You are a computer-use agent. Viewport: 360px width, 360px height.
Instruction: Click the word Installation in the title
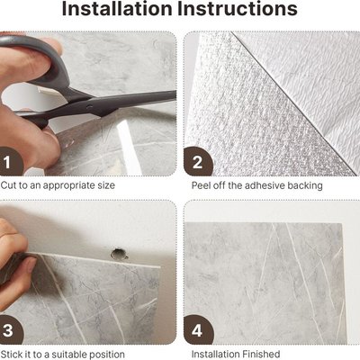pyautogui.click(x=117, y=8)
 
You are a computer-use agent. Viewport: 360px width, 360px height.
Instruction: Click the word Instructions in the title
pyautogui.click(x=238, y=8)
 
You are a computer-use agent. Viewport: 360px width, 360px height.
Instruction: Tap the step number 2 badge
pyautogui.click(x=198, y=162)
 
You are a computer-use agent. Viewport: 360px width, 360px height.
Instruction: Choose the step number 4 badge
pyautogui.click(x=198, y=330)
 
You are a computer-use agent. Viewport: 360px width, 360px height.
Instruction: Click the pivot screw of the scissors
pyautogui.click(x=89, y=106)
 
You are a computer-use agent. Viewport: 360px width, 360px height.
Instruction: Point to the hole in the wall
pyautogui.click(x=119, y=254)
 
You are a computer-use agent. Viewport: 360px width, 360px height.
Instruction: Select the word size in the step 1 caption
pyautogui.click(x=105, y=185)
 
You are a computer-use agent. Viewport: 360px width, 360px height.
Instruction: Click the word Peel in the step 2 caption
pyautogui.click(x=201, y=185)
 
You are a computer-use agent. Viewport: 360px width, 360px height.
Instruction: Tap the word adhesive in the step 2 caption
pyautogui.click(x=265, y=185)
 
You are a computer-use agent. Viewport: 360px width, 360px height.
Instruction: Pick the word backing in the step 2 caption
pyautogui.click(x=305, y=186)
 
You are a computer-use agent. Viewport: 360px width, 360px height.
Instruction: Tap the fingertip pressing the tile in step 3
pyautogui.click(x=29, y=264)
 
